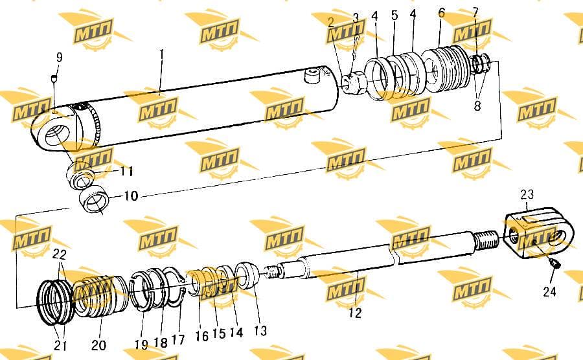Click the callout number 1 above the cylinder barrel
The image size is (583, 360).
tap(161, 54)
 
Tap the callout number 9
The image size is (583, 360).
tap(59, 57)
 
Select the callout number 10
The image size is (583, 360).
tap(130, 196)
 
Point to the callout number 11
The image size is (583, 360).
tap(126, 172)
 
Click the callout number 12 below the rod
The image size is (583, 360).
tap(355, 313)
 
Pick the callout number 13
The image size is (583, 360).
tap(260, 330)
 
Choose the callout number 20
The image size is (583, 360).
tap(98, 345)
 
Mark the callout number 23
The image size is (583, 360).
tap(527, 194)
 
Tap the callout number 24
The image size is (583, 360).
tap(549, 291)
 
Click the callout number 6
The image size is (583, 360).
tap(441, 13)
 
